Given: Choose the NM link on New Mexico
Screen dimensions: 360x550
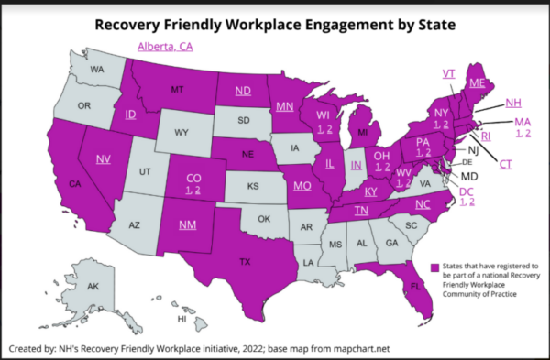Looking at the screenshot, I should [x=188, y=224].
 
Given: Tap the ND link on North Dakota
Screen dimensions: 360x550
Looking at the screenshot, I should [x=243, y=90].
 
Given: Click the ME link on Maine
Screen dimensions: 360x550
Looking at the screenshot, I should [x=477, y=82].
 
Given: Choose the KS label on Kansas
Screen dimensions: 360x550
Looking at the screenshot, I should [x=255, y=185].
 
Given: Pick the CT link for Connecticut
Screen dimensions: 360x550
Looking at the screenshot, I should [x=505, y=164].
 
